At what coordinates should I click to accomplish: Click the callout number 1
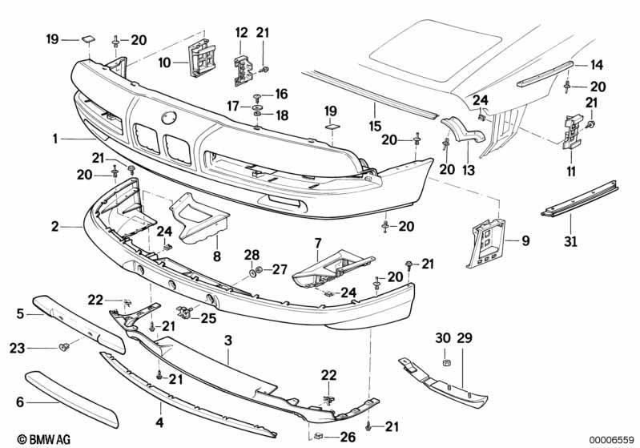click(x=55, y=139)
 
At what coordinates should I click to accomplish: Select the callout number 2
click(x=55, y=226)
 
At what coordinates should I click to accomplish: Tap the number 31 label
click(x=570, y=241)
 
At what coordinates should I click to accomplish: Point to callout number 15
click(x=375, y=126)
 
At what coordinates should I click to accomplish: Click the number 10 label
click(x=164, y=63)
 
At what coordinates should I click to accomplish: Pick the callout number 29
click(x=465, y=337)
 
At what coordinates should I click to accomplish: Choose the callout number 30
click(x=442, y=337)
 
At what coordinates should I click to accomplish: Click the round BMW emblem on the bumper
click(x=169, y=118)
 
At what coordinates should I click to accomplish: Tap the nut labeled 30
click(x=446, y=362)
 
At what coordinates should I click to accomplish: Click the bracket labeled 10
click(x=202, y=59)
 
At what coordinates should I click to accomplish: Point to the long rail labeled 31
click(x=580, y=199)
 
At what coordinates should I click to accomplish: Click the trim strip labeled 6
click(x=72, y=399)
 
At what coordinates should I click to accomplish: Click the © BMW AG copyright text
click(x=44, y=439)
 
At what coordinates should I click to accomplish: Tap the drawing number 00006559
click(x=611, y=439)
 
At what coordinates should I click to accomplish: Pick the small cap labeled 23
click(x=63, y=348)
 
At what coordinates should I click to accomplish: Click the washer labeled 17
click(x=257, y=107)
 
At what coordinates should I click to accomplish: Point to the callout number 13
click(x=469, y=169)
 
